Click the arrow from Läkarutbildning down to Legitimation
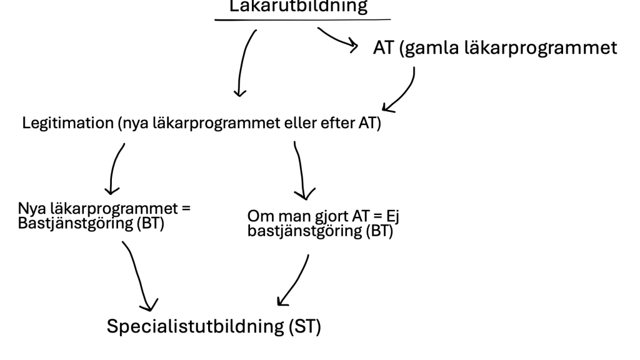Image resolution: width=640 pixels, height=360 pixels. [244, 62]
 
